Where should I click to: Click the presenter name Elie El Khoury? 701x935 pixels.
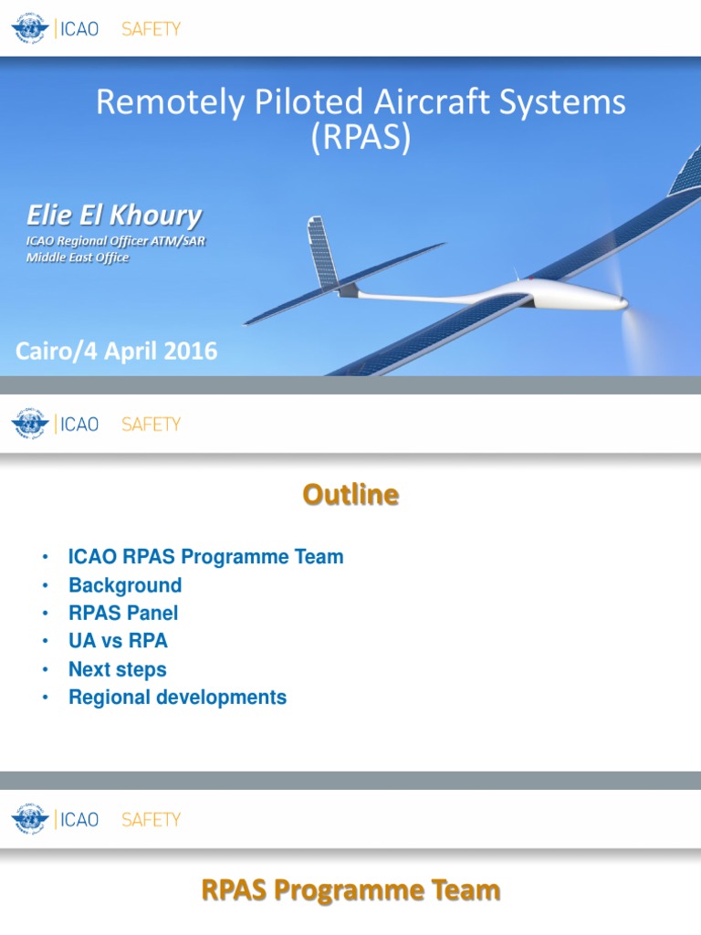tap(113, 216)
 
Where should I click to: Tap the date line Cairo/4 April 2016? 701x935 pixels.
tap(117, 352)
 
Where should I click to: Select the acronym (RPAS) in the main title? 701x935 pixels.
tap(361, 138)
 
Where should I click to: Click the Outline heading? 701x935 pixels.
tap(351, 495)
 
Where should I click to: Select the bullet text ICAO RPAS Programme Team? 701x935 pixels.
tap(205, 557)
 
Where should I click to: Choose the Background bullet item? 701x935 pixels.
tap(125, 585)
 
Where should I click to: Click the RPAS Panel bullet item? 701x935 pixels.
tap(123, 613)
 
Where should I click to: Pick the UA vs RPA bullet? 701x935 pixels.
tap(118, 641)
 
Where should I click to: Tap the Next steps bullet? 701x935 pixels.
tap(117, 669)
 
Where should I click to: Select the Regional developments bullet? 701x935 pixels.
tap(177, 698)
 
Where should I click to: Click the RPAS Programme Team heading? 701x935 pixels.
tap(350, 890)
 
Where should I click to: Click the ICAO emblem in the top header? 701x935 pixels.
tap(30, 29)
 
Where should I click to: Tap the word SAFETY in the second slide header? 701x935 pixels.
tap(152, 425)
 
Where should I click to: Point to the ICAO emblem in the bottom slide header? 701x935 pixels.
tap(30, 819)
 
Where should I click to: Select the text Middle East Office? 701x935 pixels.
tap(78, 257)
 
